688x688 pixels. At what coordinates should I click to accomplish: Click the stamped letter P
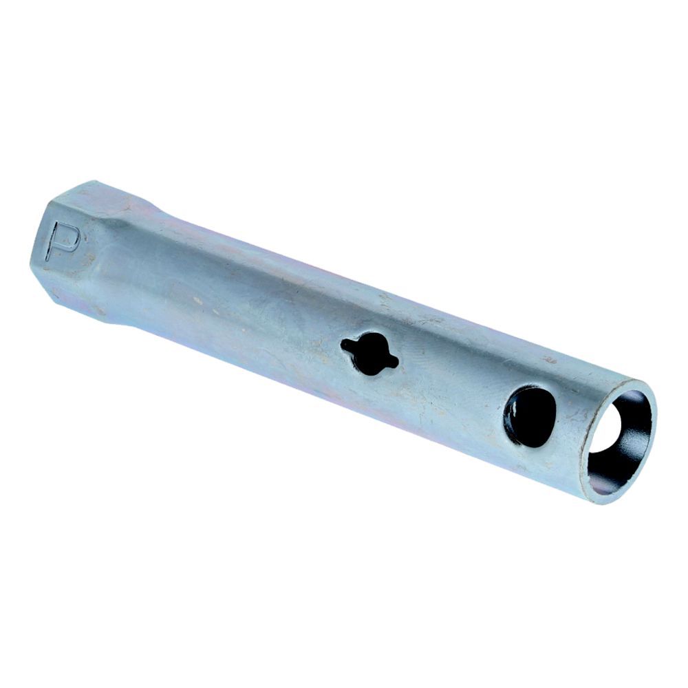pos(63,240)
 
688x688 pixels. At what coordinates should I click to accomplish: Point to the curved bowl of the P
pos(70,237)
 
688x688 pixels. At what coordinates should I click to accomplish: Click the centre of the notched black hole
pos(369,354)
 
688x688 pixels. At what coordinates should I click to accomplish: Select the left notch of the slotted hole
pos(347,345)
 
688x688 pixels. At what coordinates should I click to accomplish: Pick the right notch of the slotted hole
pos(393,363)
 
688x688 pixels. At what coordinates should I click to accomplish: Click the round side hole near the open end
pos(530,416)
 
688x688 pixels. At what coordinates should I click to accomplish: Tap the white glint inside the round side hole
pos(511,410)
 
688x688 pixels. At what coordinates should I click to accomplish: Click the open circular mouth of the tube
pos(619,440)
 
